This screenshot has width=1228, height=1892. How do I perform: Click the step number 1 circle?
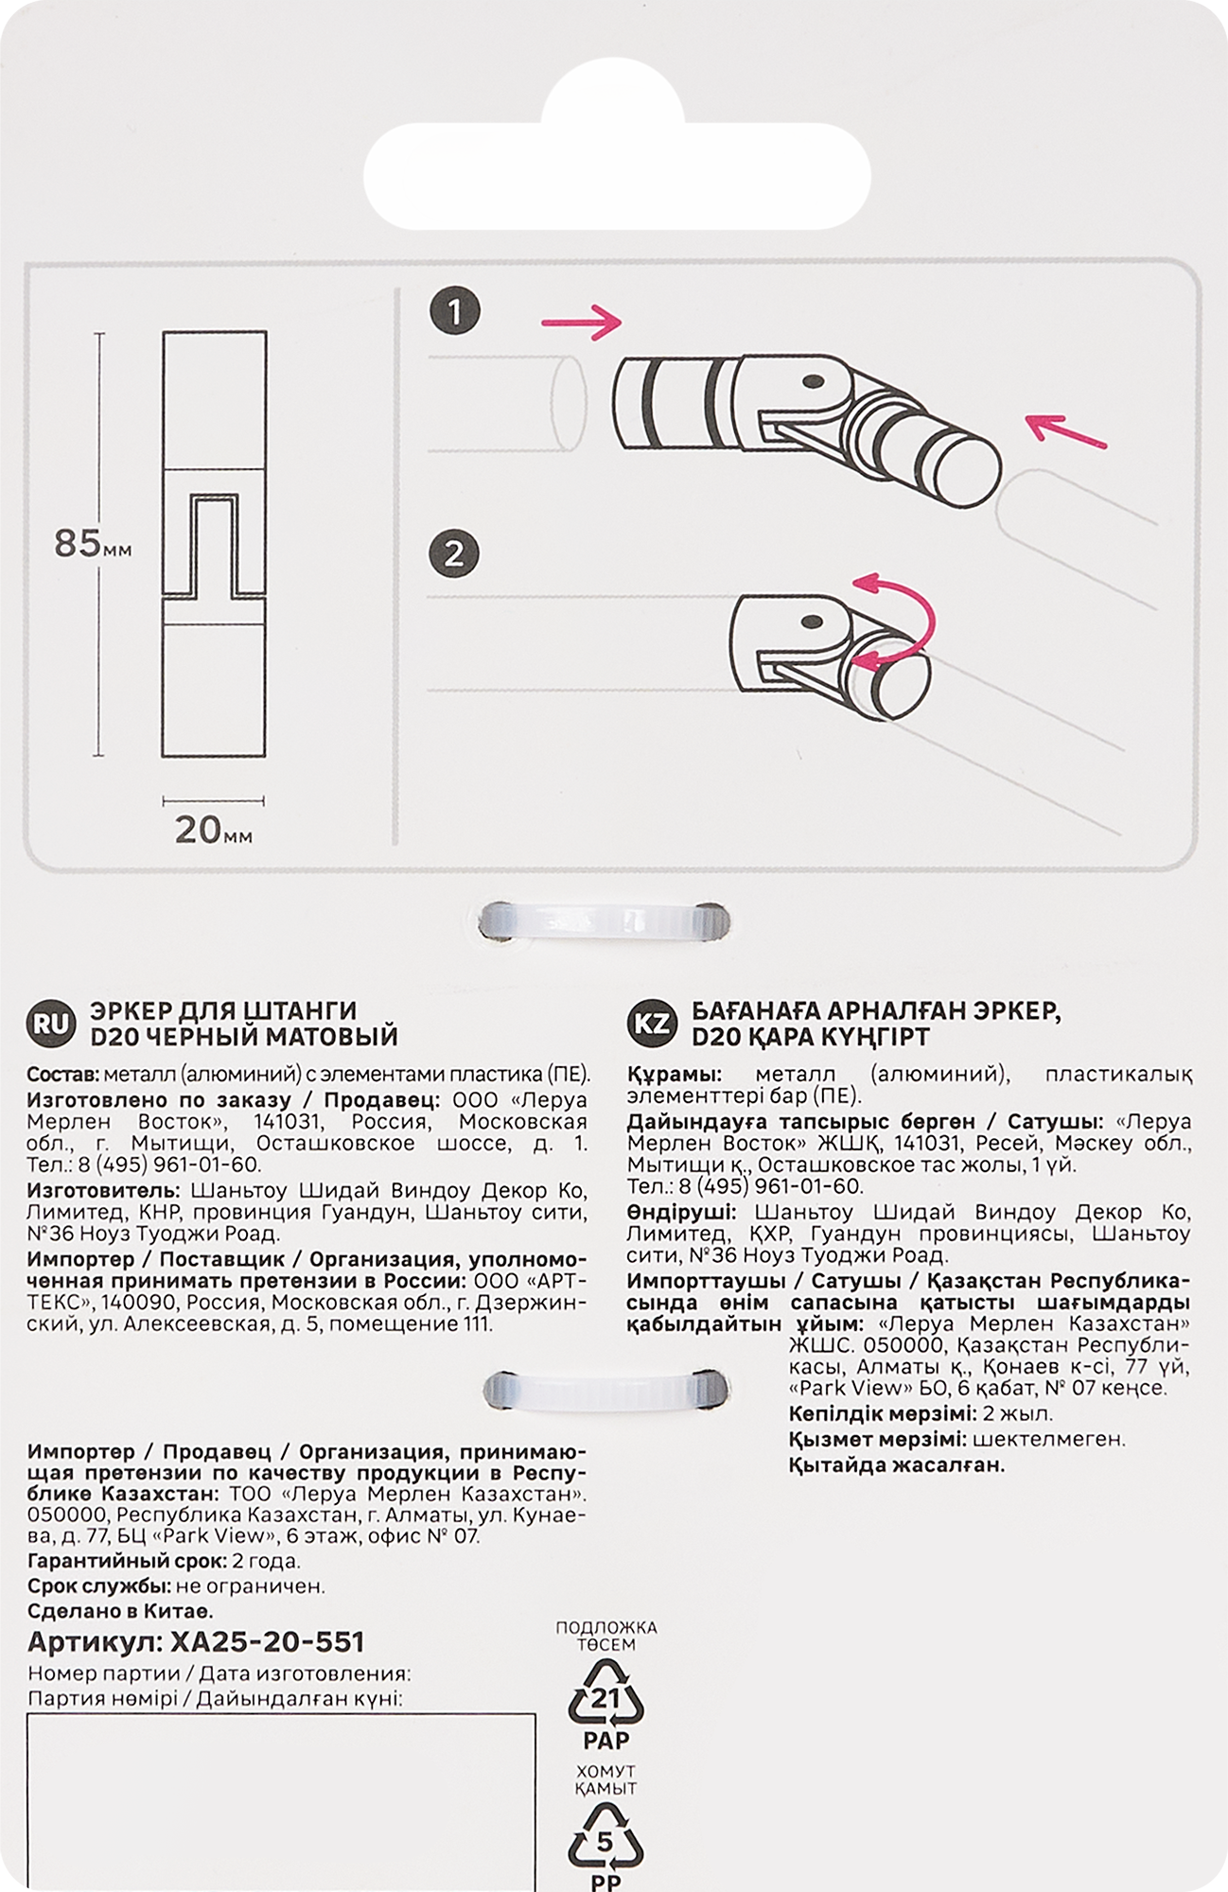tap(455, 313)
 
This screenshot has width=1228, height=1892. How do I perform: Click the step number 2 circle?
tap(454, 553)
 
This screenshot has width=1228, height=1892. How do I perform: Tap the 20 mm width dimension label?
tap(214, 831)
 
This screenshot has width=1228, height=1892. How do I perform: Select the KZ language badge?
tap(651, 1024)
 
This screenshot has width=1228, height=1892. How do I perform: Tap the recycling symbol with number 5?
tap(605, 1841)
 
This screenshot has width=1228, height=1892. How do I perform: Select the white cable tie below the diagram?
tap(605, 922)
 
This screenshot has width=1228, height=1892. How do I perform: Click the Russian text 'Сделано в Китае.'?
tap(121, 1611)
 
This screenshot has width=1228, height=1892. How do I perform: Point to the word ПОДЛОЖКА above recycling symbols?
tap(605, 1628)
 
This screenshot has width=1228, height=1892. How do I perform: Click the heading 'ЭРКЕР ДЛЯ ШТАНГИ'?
tap(222, 1011)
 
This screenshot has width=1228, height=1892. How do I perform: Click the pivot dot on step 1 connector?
tap(811, 381)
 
